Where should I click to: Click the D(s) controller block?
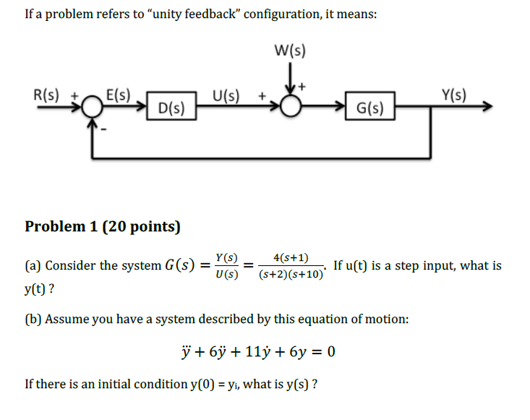[x=170, y=110]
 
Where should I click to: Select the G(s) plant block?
[x=370, y=109]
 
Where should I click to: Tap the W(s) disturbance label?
[x=291, y=51]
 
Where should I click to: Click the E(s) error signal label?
[x=118, y=94]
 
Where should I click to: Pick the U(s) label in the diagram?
[x=226, y=94]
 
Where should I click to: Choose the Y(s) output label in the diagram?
[x=453, y=94]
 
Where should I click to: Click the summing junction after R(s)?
[x=92, y=108]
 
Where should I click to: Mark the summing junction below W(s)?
[x=291, y=108]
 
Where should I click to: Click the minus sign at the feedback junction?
[x=105, y=129]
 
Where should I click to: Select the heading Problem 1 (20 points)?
[x=103, y=226]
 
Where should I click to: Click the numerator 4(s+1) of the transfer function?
[x=291, y=257]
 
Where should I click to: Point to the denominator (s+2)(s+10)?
[x=291, y=275]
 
